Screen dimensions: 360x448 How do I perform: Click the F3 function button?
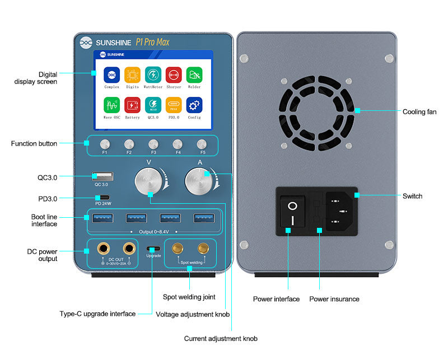tap(153, 144)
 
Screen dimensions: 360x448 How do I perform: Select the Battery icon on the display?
tap(132, 105)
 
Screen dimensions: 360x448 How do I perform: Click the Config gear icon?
tap(194, 105)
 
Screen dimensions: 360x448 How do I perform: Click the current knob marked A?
tap(199, 180)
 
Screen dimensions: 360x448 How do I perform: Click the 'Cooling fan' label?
tap(419, 112)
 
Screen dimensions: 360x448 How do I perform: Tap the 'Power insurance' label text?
tap(334, 299)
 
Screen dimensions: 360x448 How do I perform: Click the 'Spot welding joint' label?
tap(189, 297)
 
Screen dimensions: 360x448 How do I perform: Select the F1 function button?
tap(105, 144)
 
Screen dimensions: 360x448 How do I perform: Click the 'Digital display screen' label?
tap(36, 78)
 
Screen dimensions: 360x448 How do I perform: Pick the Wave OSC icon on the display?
tap(111, 105)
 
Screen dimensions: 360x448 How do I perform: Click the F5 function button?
tap(202, 144)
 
